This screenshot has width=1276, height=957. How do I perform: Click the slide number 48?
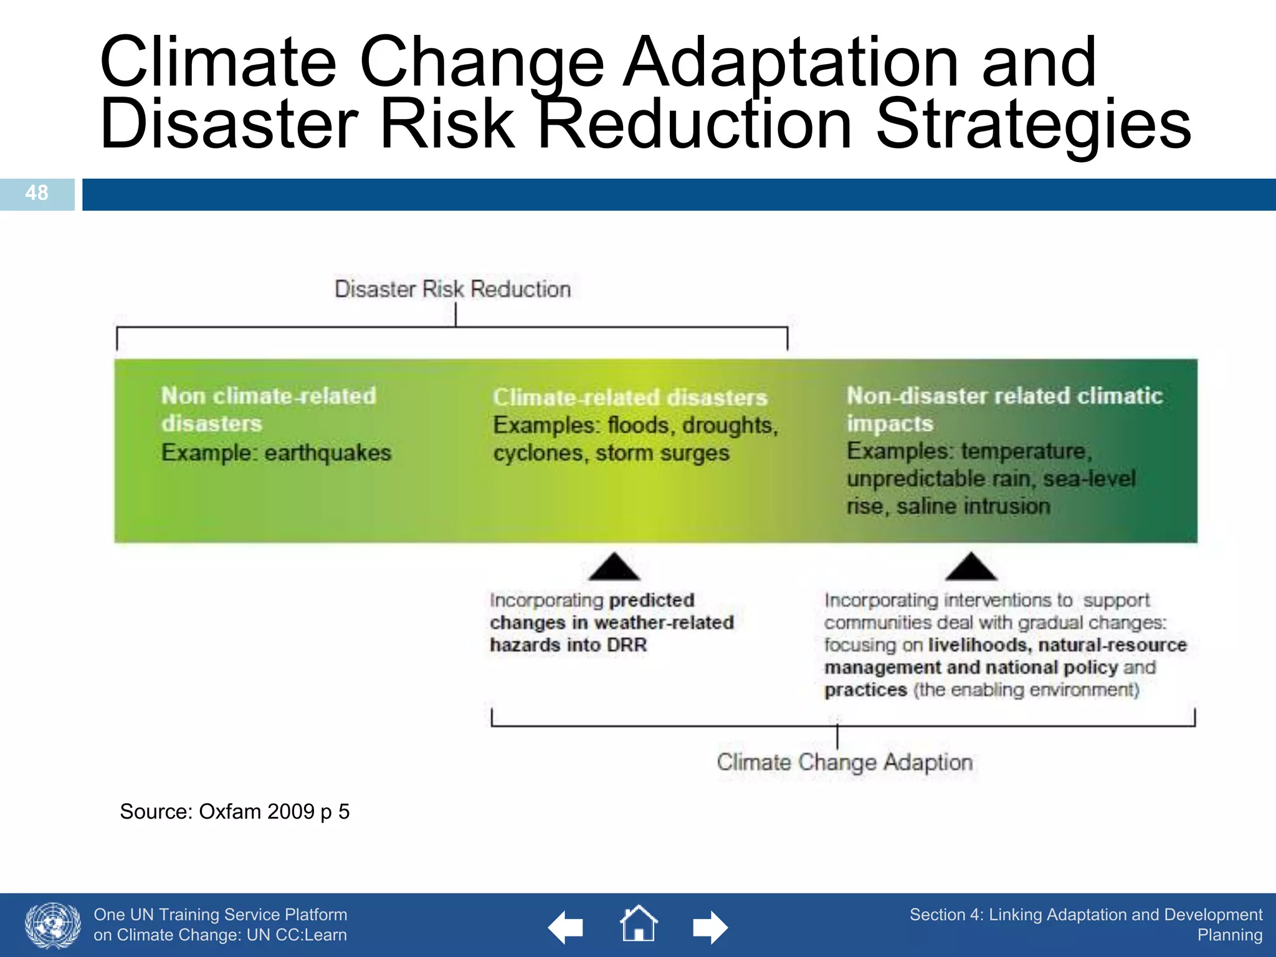[37, 193]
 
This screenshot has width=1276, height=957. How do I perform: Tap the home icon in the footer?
[639, 924]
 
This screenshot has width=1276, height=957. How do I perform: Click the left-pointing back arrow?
[566, 928]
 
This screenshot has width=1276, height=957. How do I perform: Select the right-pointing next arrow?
[710, 928]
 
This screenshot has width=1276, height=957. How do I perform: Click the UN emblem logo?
[53, 925]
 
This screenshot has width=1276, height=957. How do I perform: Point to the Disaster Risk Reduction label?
[452, 289]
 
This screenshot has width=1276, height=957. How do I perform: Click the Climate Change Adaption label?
[844, 762]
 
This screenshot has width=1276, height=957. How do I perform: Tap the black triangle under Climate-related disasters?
[614, 566]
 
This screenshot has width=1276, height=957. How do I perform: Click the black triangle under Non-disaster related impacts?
[971, 566]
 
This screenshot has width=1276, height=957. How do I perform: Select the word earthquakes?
[328, 452]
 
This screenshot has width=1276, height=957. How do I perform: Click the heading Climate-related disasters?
[630, 398]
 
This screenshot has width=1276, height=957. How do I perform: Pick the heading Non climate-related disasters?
[269, 409]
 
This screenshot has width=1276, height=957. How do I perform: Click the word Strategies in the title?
[1034, 124]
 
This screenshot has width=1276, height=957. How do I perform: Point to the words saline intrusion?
[973, 506]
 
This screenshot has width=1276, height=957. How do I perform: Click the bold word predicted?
[652, 600]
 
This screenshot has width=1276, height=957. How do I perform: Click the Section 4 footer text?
[1085, 924]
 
